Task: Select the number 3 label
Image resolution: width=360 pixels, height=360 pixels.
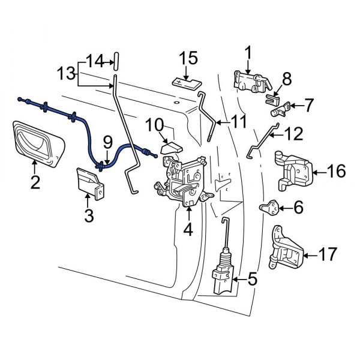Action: click(89, 215)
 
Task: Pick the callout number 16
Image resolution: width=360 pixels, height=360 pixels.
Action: click(337, 172)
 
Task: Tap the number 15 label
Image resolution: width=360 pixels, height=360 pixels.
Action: click(188, 59)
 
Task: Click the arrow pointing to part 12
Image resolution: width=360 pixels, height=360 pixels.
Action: click(274, 134)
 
